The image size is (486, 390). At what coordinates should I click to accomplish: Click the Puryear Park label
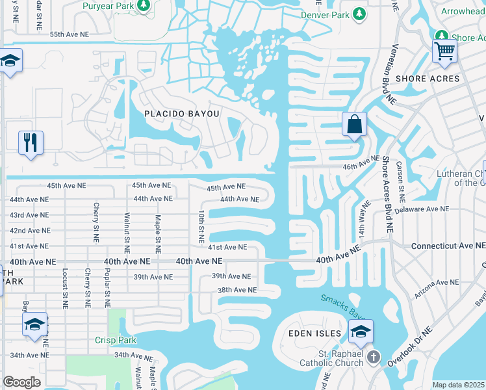point(108,6)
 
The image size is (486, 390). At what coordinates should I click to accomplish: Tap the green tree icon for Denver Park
point(359,14)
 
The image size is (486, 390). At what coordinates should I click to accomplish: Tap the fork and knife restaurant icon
point(31,142)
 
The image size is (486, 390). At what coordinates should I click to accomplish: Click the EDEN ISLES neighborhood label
point(314,333)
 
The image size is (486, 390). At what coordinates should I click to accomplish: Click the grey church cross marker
point(374,357)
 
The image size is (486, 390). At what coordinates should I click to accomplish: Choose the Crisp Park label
point(116,340)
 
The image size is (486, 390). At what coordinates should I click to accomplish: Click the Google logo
point(21,382)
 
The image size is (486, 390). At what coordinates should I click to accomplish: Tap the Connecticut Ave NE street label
point(448,246)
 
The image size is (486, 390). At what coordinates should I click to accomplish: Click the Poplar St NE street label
point(107,287)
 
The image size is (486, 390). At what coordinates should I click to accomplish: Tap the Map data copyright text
point(459,385)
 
